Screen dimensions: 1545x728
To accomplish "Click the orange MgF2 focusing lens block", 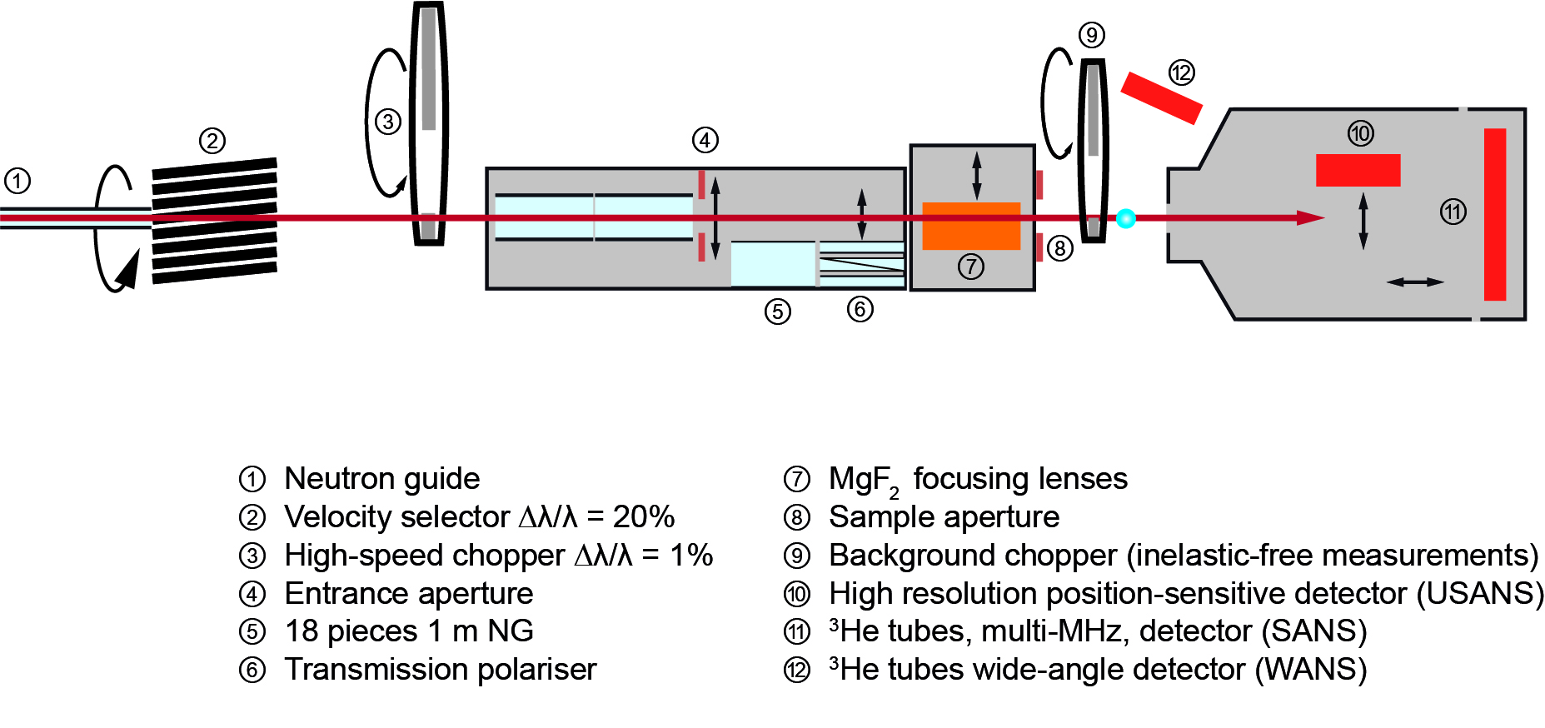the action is [971, 226].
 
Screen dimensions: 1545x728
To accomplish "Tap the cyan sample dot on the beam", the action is [1126, 218].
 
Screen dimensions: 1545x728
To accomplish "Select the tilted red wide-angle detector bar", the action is [1161, 97].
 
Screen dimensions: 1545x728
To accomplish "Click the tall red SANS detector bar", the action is [1495, 214].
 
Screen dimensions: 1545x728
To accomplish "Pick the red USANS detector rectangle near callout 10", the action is [1358, 170].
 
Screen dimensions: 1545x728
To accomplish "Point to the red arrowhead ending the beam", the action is [1311, 218].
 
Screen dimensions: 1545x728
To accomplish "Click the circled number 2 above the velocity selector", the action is [212, 141].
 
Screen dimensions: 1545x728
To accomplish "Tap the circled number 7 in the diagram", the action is [971, 267].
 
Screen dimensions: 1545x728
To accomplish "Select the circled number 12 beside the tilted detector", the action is [1181, 72].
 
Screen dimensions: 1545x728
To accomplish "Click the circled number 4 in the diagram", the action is [705, 140].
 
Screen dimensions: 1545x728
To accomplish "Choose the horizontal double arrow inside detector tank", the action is [1415, 282].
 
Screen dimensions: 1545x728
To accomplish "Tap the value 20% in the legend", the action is [644, 517].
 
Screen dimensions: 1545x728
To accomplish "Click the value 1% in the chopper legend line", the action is [691, 556].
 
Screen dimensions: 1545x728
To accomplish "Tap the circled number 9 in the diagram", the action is [1091, 35].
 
